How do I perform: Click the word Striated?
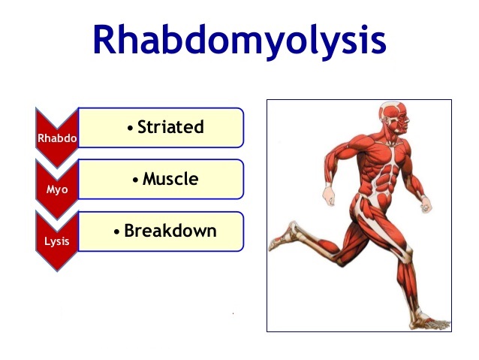(170, 127)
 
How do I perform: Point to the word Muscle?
(170, 180)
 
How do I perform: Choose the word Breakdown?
(170, 231)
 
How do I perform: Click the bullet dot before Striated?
(131, 129)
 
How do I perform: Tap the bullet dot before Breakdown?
(117, 232)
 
